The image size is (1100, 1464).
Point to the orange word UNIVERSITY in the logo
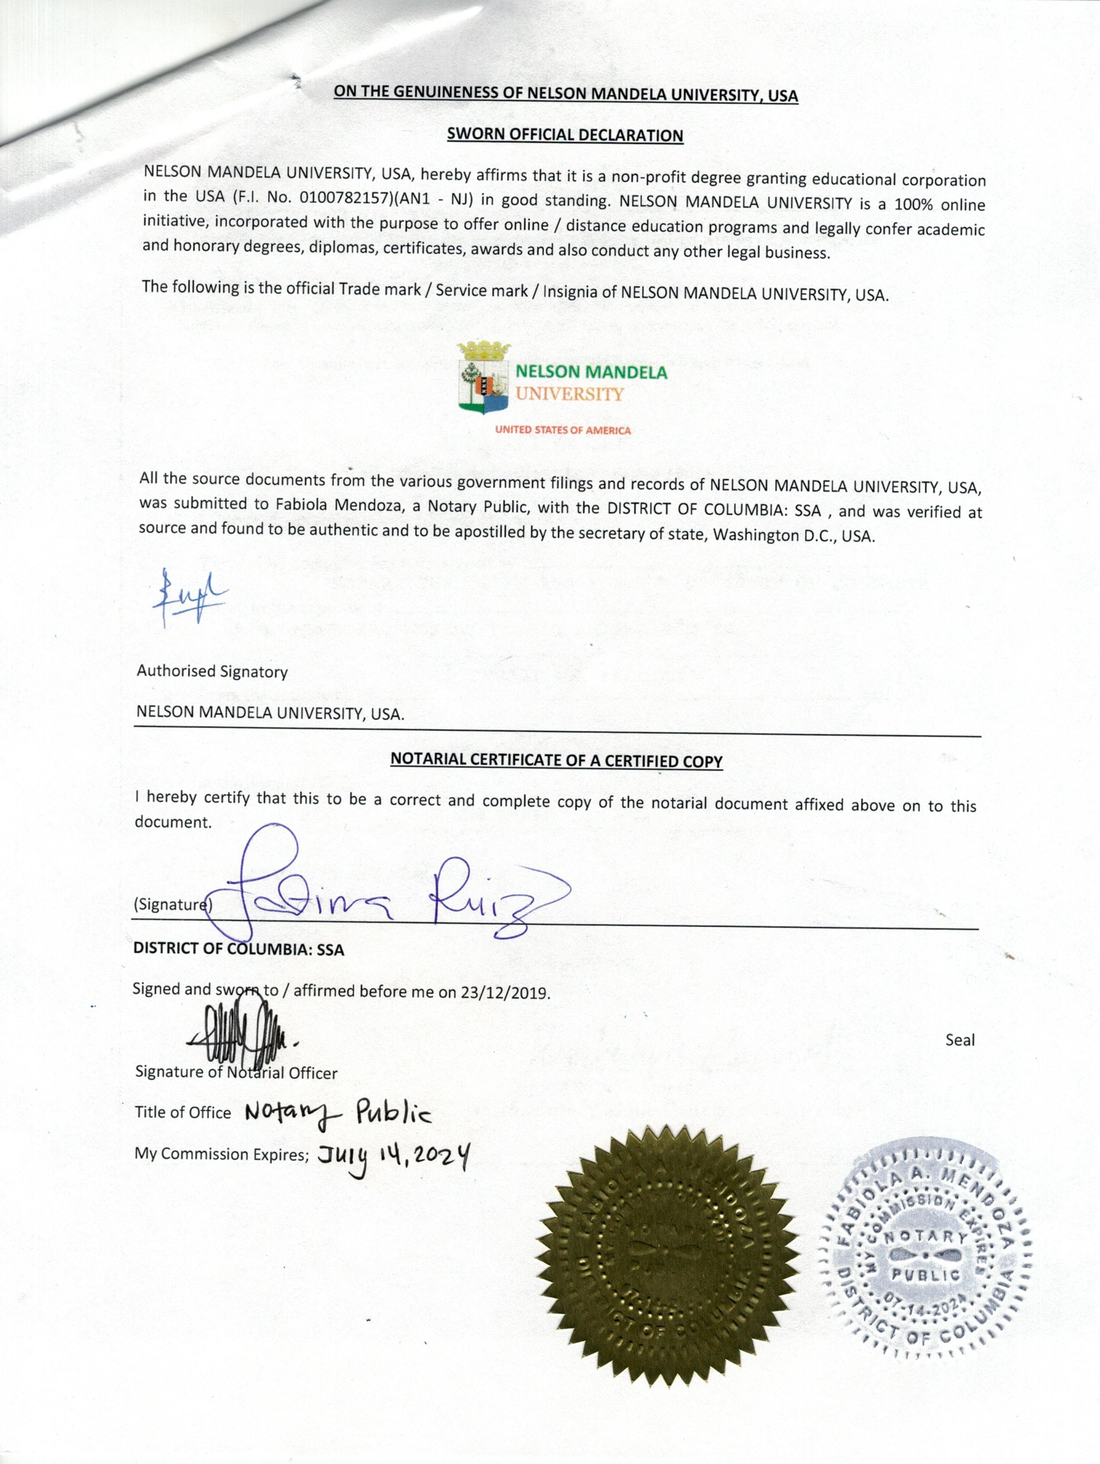pos(570,394)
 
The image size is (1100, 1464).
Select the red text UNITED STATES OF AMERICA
pos(563,430)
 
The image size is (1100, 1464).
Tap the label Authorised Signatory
pos(212,672)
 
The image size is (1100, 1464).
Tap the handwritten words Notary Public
pos(338,1114)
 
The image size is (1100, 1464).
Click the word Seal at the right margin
pos(960,1040)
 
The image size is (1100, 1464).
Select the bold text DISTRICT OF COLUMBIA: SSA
pos(238,949)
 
